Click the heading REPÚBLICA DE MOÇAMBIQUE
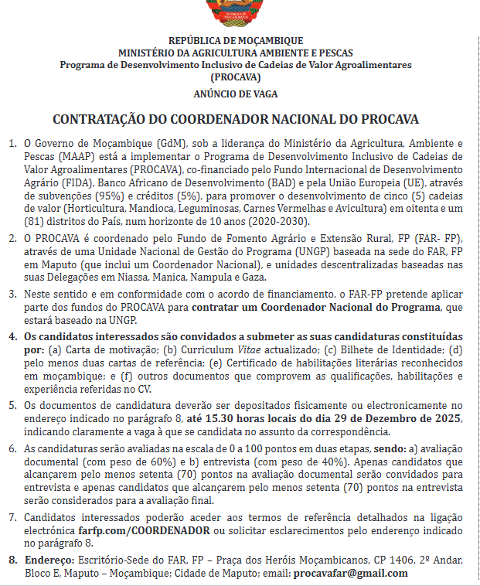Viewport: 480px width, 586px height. [x=236, y=41]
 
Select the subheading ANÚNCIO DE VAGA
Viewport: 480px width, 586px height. [x=236, y=94]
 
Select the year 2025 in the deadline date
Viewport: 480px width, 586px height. [x=448, y=418]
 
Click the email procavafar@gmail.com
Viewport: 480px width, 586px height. [x=351, y=573]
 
